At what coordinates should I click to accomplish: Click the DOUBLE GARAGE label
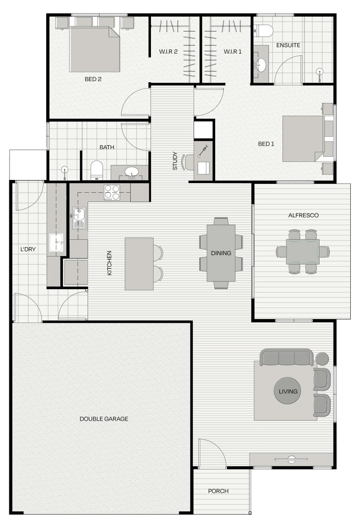tap(104, 418)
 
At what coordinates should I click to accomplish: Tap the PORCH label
tap(218, 491)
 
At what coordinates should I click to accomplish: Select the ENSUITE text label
tap(288, 45)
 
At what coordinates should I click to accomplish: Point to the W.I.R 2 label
tap(168, 51)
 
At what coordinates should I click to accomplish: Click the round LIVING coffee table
tap(287, 391)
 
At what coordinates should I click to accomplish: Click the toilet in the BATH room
tap(97, 170)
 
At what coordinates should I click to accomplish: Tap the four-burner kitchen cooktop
tap(112, 193)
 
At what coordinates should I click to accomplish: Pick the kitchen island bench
tap(139, 264)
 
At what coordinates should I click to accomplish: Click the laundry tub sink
tap(56, 242)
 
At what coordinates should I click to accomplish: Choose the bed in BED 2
tap(94, 49)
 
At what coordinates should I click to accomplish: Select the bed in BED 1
tap(303, 139)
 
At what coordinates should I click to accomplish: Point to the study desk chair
tap(187, 162)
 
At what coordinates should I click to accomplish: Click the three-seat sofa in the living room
tap(287, 357)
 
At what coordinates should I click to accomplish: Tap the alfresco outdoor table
tap(303, 252)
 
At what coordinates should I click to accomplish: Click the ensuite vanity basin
tap(260, 64)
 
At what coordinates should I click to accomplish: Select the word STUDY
tap(175, 161)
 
